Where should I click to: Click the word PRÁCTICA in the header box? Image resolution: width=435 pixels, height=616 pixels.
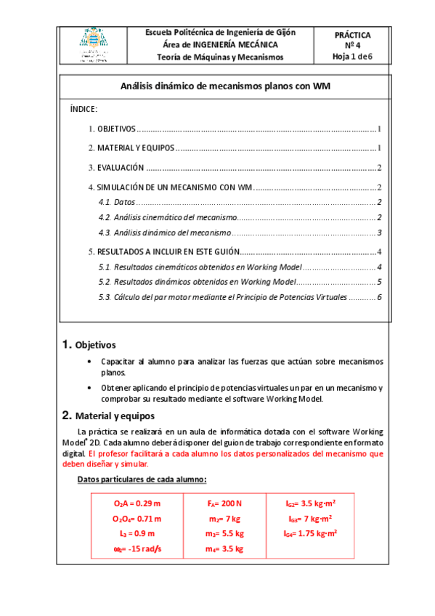352,34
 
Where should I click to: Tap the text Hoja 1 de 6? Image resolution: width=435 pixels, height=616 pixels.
352,56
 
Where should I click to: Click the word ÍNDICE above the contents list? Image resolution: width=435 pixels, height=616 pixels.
84,108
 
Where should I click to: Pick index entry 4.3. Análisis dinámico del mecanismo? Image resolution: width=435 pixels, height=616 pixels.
164,232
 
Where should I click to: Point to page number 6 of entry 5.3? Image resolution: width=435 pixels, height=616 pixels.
378,297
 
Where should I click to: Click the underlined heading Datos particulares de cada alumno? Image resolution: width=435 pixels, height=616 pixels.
142,479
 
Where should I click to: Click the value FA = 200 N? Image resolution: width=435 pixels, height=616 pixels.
224,503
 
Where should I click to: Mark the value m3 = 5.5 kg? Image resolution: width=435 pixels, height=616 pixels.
224,533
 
